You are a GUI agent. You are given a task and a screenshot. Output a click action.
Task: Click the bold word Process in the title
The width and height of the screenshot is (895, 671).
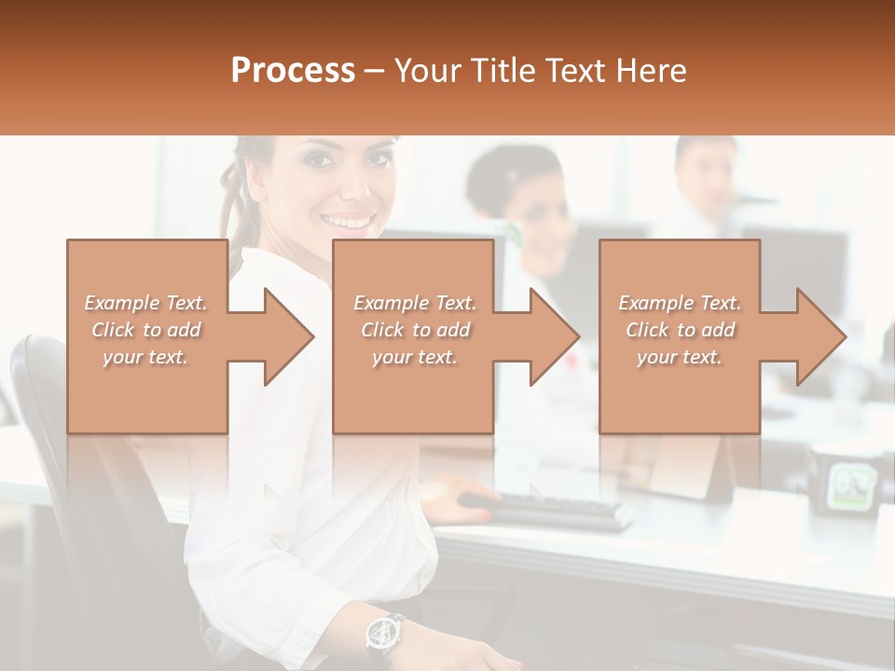point(293,71)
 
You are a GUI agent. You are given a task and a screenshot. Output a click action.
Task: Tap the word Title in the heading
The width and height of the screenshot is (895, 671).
point(503,71)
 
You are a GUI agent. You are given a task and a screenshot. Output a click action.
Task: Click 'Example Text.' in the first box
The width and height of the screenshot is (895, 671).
point(146,303)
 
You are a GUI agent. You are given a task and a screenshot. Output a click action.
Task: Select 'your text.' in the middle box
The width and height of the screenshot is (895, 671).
point(415,357)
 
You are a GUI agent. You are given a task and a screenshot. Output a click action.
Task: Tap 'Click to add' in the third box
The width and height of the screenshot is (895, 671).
point(681,330)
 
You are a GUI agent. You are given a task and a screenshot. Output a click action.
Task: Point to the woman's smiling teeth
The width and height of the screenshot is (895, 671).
point(347,222)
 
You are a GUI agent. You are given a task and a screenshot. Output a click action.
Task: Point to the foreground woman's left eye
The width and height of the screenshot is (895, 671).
point(378,159)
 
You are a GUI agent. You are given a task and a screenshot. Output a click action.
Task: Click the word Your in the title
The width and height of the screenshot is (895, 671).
point(428,71)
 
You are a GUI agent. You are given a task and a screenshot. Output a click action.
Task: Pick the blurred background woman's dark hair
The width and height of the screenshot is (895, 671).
point(508,177)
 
